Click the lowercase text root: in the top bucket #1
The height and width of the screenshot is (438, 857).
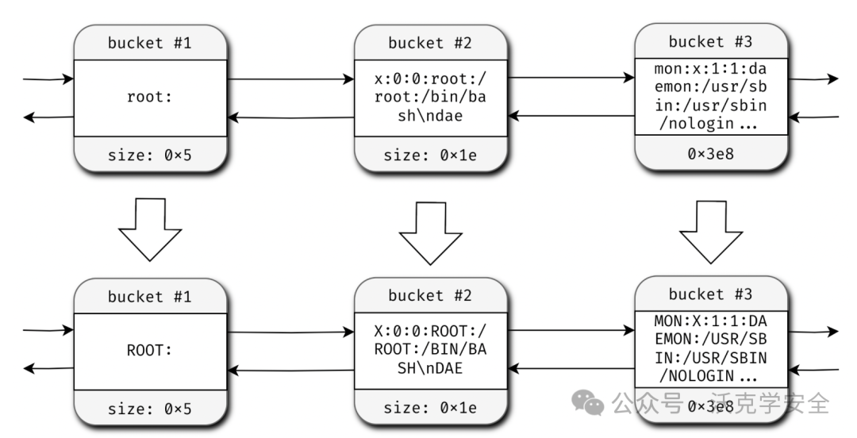point(149,98)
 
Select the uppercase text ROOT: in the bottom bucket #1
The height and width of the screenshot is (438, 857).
point(149,352)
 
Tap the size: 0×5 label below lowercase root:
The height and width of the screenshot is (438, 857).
point(150,156)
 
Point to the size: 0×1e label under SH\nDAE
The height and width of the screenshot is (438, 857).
point(430,408)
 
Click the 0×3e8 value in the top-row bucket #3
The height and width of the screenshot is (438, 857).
point(711,153)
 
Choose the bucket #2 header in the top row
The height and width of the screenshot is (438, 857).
point(430,43)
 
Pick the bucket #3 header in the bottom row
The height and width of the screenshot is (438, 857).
point(710,294)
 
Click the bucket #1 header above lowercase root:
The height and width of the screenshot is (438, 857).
point(150,43)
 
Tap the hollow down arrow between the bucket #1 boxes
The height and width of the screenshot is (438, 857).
point(150,229)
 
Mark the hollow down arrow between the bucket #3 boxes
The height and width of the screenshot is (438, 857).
point(710,231)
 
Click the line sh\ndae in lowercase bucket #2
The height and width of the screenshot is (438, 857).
point(430,116)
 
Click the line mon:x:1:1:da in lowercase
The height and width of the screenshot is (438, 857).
point(710,70)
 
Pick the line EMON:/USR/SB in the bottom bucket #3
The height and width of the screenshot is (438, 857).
point(710,339)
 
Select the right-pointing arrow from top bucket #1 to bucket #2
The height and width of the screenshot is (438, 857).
point(290,80)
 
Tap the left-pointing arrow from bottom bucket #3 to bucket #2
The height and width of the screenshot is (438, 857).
point(571,369)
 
